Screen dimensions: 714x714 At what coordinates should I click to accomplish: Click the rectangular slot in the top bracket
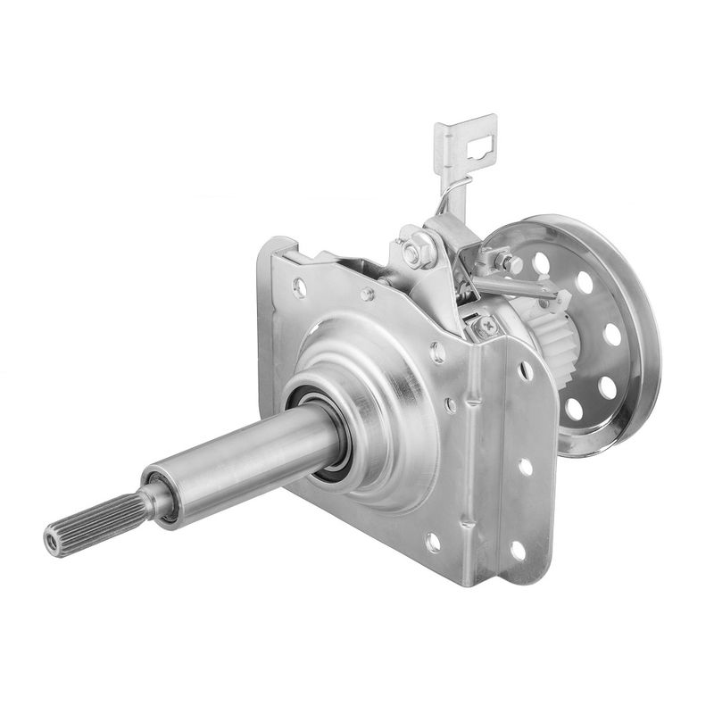[x=481, y=142]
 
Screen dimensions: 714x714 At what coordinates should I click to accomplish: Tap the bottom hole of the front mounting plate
[x=433, y=542]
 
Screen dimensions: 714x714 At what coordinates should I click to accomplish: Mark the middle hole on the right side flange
[x=525, y=466]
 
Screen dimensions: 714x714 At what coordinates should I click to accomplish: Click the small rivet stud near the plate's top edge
[x=367, y=295]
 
